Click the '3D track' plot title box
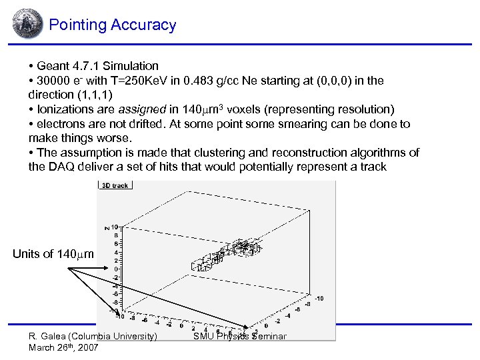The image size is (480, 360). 115,185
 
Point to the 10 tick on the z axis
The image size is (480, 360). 115,227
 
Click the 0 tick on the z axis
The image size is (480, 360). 117,269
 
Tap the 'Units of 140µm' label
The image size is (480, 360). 54,254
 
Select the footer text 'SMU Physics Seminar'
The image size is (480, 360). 240,336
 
